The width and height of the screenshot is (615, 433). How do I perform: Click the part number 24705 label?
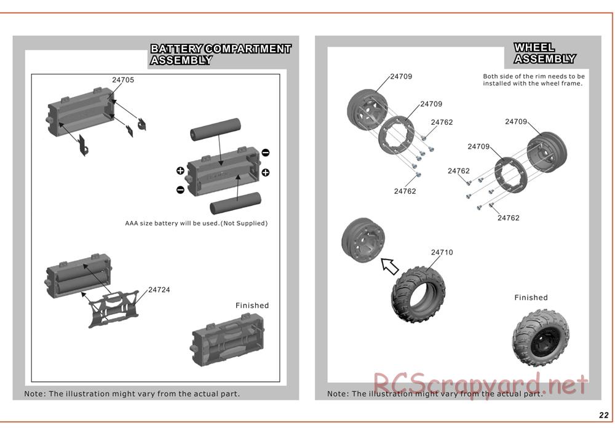(x=123, y=80)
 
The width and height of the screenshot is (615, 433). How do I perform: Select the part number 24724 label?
(x=159, y=290)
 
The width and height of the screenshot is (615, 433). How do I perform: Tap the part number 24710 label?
(x=442, y=252)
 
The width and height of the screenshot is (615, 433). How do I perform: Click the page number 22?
(x=604, y=415)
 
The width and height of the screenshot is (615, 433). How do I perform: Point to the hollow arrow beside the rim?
(x=390, y=266)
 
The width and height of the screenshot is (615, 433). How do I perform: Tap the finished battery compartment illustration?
(x=228, y=338)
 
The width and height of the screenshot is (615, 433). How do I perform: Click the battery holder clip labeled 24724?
(x=112, y=307)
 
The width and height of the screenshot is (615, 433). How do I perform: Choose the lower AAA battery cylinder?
(x=236, y=202)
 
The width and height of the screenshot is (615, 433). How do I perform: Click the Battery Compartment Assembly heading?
(x=220, y=54)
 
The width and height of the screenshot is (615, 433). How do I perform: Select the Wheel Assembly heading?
(x=544, y=54)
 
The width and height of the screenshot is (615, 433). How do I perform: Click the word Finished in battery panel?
(x=252, y=306)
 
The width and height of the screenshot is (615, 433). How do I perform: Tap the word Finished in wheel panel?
(x=531, y=298)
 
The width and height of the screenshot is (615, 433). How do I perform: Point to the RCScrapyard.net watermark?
(x=480, y=386)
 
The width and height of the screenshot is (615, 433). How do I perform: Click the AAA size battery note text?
(x=196, y=223)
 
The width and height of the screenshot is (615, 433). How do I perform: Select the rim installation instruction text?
(x=533, y=80)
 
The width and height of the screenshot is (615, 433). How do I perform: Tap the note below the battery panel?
(x=132, y=394)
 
